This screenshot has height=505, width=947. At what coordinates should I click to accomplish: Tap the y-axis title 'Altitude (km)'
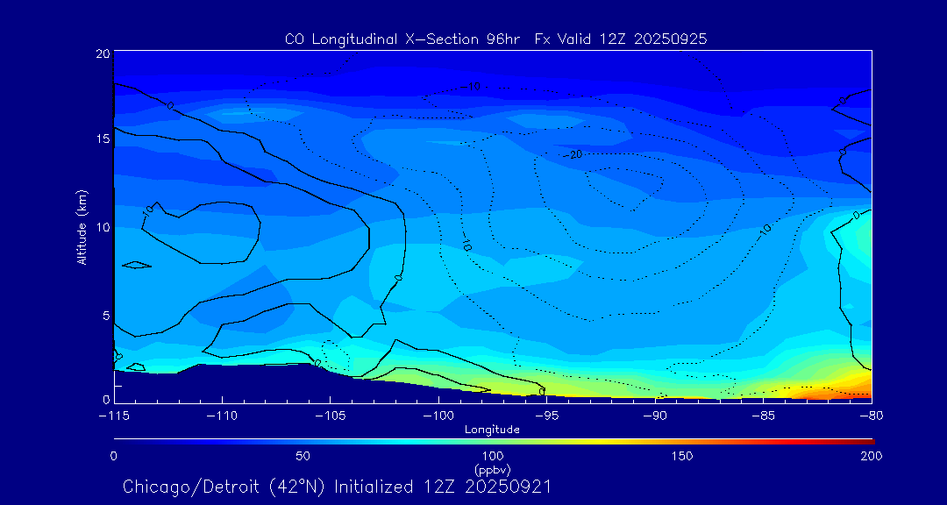[82, 226]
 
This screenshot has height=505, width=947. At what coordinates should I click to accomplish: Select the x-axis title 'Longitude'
[492, 430]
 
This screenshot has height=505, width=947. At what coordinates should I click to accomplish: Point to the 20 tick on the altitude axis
[102, 53]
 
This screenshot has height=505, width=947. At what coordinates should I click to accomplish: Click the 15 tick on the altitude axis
[102, 139]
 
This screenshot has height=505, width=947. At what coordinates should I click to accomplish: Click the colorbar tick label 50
[303, 456]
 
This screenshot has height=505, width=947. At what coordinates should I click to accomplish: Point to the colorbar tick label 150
[681, 456]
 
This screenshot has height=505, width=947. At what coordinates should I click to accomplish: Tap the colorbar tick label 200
[871, 456]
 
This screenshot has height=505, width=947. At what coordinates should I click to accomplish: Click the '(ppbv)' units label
[492, 469]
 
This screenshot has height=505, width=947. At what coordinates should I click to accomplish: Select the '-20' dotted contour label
[573, 155]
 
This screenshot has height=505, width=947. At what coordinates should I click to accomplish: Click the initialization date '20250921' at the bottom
[509, 486]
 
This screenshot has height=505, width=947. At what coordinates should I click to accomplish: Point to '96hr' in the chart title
[506, 39]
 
